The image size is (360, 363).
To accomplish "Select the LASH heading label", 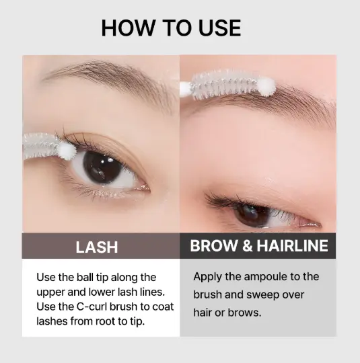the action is click(97, 247).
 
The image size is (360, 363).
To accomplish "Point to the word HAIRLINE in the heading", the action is click(293, 245).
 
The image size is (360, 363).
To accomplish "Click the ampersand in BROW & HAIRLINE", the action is click(247, 245).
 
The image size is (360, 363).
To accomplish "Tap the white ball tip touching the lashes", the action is click(67, 151).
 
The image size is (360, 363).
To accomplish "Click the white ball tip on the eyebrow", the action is click(266, 87).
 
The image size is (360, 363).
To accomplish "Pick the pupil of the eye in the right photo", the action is click(252, 215).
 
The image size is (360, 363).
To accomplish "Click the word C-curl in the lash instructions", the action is click(92, 307).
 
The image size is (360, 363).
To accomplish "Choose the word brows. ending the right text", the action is click(244, 313).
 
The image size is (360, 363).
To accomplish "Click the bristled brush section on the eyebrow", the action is click(224, 84).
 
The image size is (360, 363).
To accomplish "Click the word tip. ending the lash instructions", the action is click(137, 321).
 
